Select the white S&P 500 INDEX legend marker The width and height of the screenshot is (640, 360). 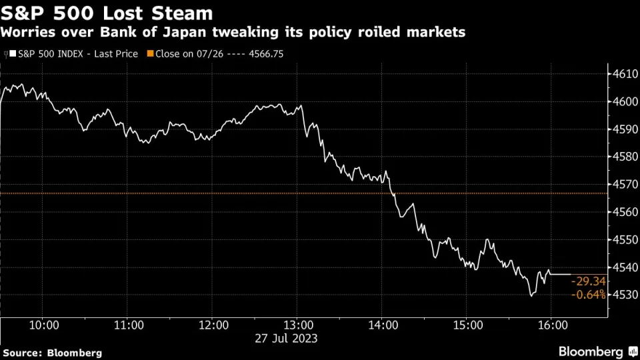click(x=13, y=53)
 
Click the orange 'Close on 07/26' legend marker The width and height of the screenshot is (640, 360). click(x=151, y=53)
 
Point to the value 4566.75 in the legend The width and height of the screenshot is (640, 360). click(x=265, y=53)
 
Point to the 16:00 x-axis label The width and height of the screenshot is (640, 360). click(x=551, y=325)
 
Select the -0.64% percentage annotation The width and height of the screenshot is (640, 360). click(x=589, y=294)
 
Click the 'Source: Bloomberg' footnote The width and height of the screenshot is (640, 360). click(x=53, y=352)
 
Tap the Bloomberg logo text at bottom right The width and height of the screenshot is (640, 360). click(x=590, y=351)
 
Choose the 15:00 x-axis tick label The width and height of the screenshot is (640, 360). click(x=466, y=325)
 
